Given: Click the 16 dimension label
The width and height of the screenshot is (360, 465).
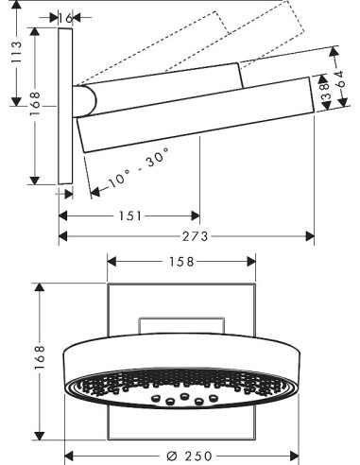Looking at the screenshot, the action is click(x=65, y=18).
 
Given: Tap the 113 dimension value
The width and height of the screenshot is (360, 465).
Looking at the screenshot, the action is click(x=16, y=53).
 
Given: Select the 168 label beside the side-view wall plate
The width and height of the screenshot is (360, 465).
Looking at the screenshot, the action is click(x=35, y=103).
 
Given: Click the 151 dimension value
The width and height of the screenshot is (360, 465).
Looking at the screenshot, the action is click(x=130, y=216).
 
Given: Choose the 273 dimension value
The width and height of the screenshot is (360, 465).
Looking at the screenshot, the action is click(x=196, y=236).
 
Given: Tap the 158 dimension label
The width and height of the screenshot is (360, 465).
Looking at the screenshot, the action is click(x=181, y=262).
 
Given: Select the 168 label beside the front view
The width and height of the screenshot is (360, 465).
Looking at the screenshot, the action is click(x=41, y=357).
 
